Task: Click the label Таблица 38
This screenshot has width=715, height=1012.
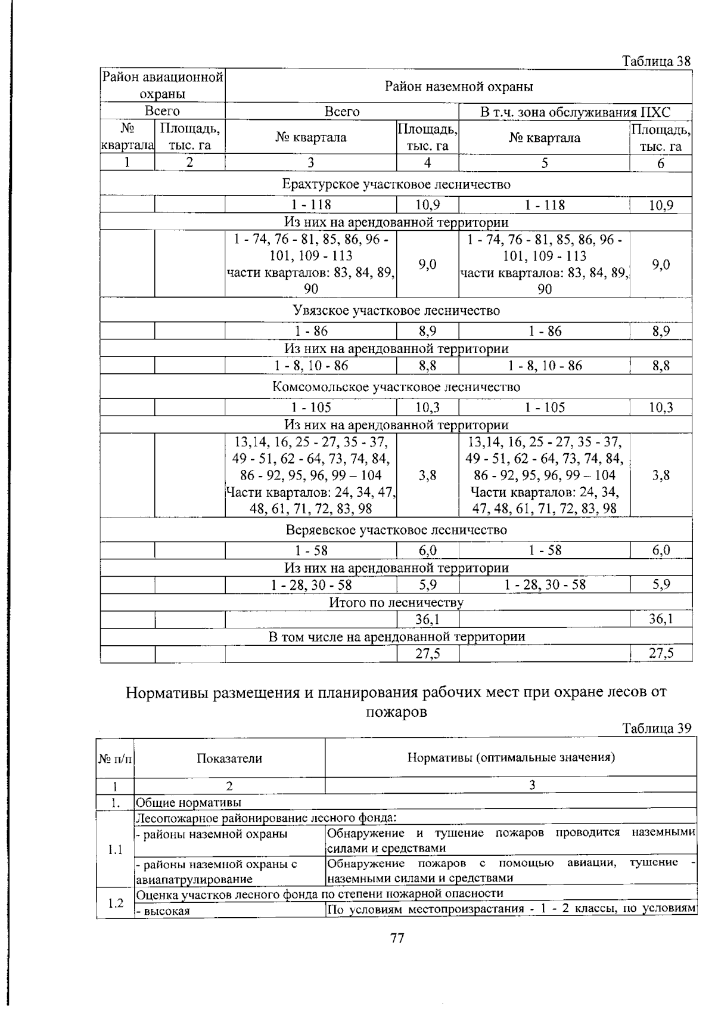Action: point(656,61)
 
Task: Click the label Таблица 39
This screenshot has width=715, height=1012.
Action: point(656,728)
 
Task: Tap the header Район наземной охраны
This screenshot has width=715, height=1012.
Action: point(458,87)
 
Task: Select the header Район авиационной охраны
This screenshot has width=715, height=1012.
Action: point(163,85)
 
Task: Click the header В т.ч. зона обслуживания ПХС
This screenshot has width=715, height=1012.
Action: point(575,112)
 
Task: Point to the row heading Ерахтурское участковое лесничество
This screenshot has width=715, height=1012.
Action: point(396,184)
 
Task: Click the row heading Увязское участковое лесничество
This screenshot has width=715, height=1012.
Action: point(396,311)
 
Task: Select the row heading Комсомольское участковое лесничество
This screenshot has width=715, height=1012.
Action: point(396,387)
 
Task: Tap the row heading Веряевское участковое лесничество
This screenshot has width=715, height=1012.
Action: point(396,530)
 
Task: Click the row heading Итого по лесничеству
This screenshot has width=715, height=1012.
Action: point(396,602)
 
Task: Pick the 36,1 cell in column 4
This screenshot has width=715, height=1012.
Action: point(427,620)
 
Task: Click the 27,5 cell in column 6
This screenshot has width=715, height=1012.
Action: point(661,654)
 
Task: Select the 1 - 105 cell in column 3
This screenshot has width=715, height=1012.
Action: point(311,407)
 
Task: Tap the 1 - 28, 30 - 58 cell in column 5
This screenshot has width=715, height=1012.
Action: point(545,584)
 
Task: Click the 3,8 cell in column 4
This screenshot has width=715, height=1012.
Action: point(427,475)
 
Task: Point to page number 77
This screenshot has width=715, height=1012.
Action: point(397,938)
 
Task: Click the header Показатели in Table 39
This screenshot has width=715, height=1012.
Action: point(229,758)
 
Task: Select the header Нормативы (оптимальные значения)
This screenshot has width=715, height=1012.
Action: point(511,757)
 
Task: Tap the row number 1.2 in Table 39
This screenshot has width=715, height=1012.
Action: point(116,903)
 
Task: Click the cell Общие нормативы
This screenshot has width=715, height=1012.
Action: point(189,803)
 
